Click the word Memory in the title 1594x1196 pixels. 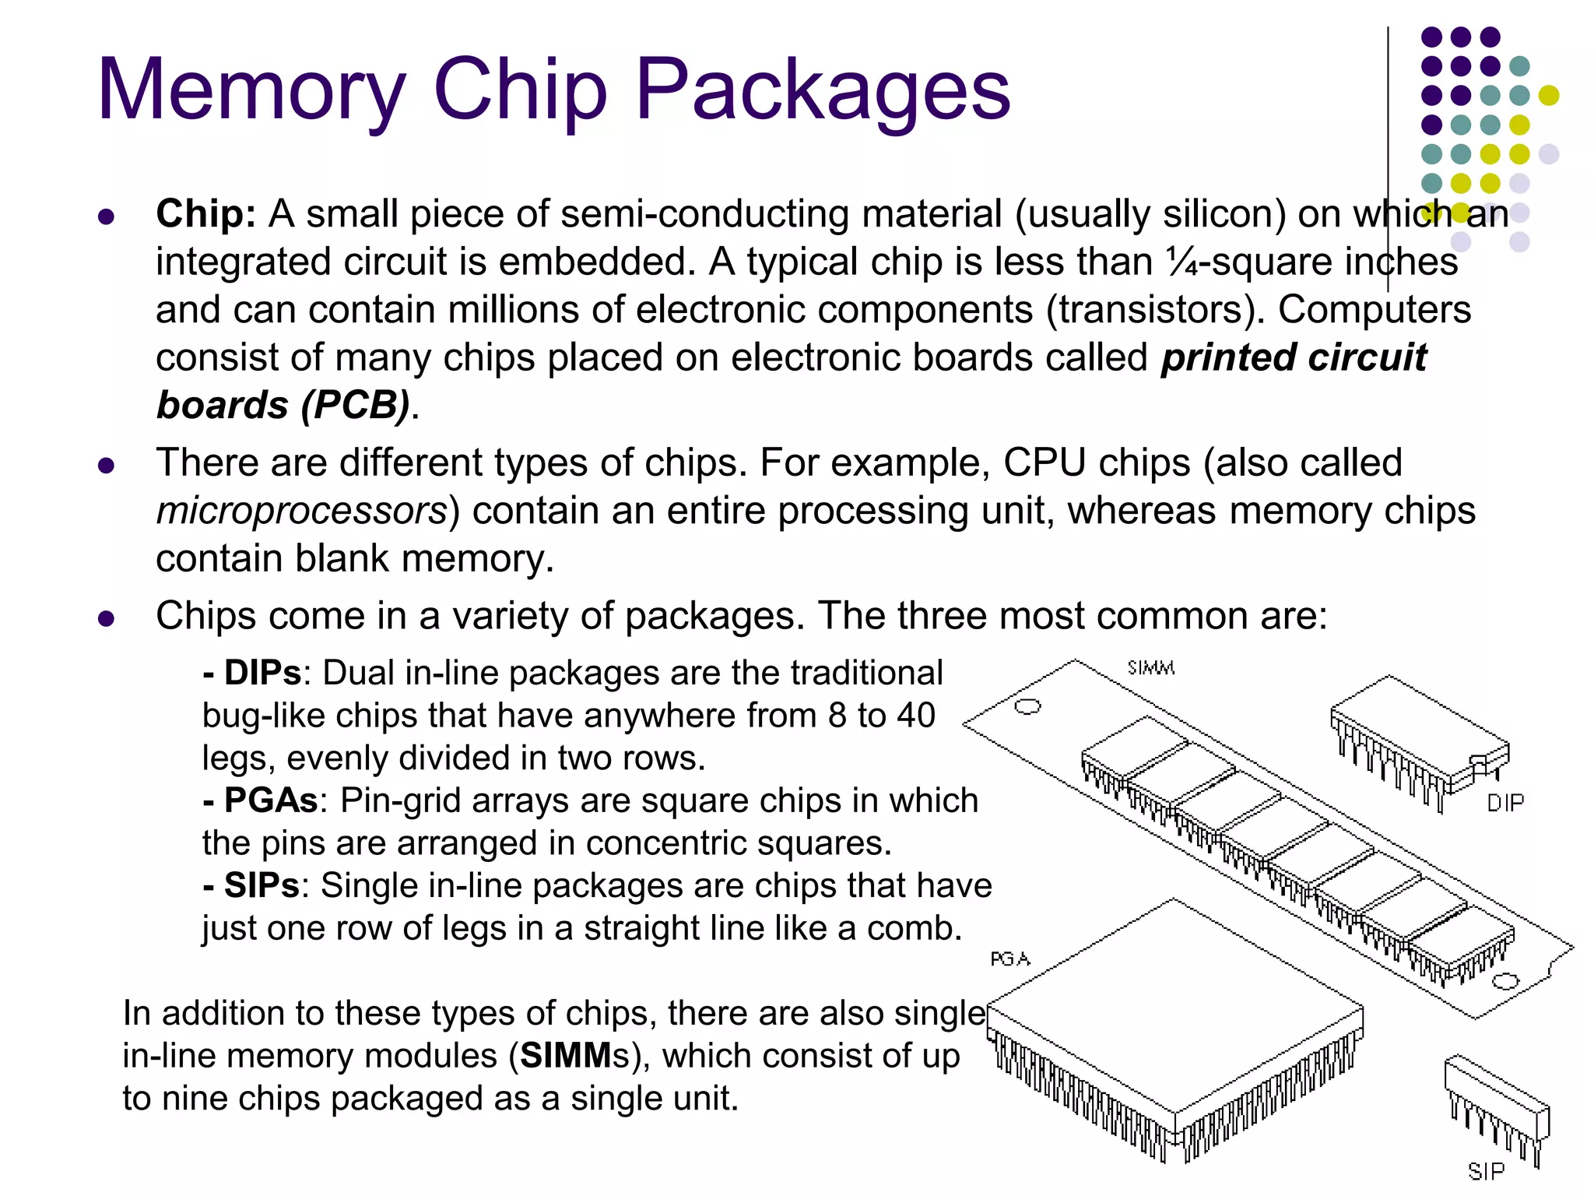tap(251, 92)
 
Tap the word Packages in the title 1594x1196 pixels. tap(823, 92)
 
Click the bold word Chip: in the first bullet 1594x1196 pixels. tap(205, 214)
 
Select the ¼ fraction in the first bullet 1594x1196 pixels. tap(1181, 262)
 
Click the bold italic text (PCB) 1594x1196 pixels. tap(355, 406)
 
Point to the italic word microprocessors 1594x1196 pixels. tap(302, 512)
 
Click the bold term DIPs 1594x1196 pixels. tap(262, 673)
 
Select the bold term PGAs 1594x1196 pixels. tap(269, 800)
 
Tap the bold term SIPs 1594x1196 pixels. tap(261, 885)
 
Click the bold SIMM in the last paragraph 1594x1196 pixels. tap(566, 1056)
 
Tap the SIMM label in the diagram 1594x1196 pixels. tap(1150, 668)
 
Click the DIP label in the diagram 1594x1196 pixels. tap(1504, 803)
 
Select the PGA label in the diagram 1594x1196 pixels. tap(1009, 959)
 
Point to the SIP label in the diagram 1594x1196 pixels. tap(1485, 1171)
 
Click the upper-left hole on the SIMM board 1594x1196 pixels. tap(1027, 706)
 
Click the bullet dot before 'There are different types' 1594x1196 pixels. tap(107, 466)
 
